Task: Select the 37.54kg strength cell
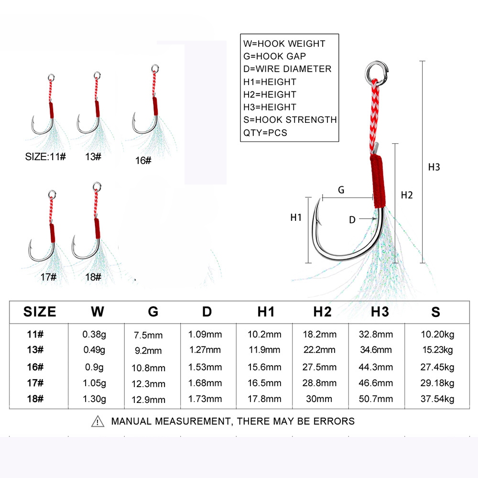pyautogui.click(x=435, y=399)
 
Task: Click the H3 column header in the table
pyautogui.click(x=380, y=312)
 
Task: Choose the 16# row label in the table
pyautogui.click(x=34, y=367)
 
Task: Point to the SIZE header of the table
pyautogui.click(x=40, y=312)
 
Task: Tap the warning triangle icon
pyautogui.click(x=98, y=421)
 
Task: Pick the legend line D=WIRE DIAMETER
pyautogui.click(x=287, y=69)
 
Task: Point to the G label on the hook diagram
pyautogui.click(x=341, y=189)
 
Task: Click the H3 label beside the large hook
pyautogui.click(x=434, y=167)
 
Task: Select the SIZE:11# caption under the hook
pyautogui.click(x=45, y=156)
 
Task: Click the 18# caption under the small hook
pyautogui.click(x=93, y=277)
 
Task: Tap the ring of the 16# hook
pyautogui.click(x=154, y=68)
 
